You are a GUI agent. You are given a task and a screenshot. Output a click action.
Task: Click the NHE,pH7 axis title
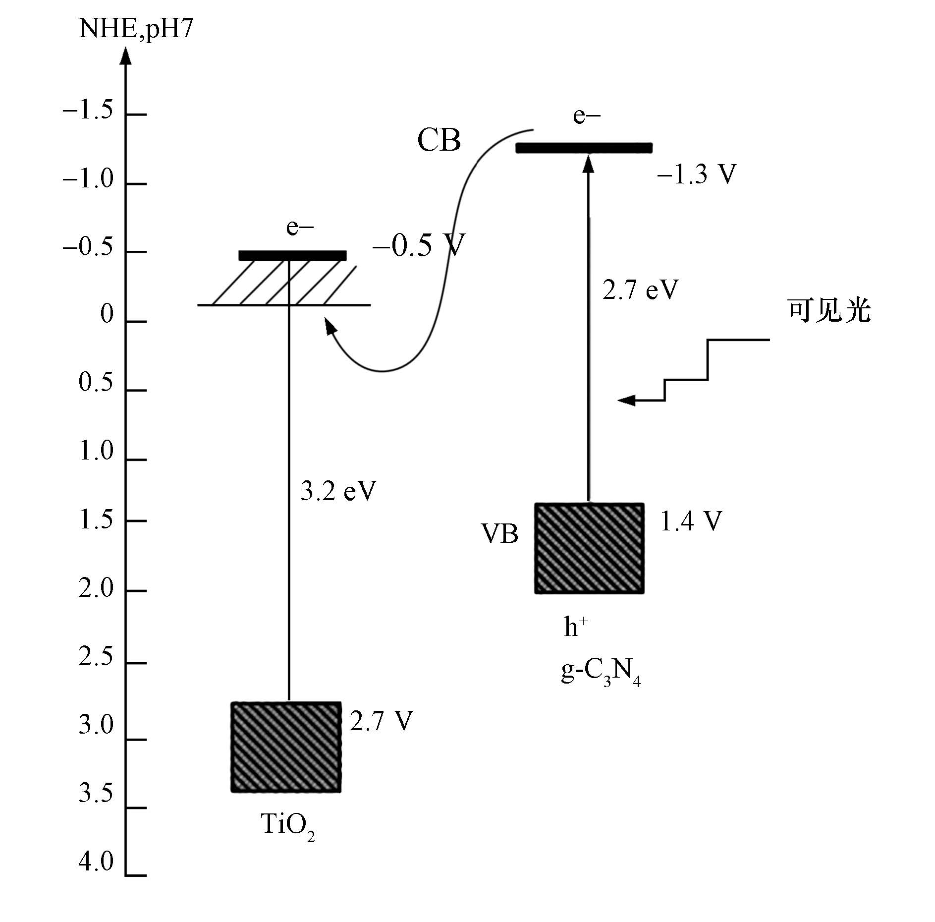click(135, 30)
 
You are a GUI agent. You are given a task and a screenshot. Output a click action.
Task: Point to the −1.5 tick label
click(88, 111)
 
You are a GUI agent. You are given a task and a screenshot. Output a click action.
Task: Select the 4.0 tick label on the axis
click(96, 862)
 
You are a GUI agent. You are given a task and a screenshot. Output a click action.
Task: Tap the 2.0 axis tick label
click(96, 588)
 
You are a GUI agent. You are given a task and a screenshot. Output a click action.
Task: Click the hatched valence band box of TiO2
click(286, 747)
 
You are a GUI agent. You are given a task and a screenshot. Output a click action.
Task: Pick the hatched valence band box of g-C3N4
click(589, 548)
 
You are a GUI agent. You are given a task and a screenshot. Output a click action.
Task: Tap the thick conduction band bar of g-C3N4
click(584, 148)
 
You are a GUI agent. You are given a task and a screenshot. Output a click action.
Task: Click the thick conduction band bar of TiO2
click(292, 255)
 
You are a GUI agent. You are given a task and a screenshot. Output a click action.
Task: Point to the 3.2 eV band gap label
click(338, 491)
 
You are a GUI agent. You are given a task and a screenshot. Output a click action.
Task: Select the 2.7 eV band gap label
click(640, 289)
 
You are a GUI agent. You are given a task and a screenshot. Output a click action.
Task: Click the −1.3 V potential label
click(696, 174)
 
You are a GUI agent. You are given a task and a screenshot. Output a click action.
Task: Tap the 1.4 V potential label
click(691, 521)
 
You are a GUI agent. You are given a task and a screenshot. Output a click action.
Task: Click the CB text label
click(439, 140)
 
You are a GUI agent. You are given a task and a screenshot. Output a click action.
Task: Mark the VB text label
click(500, 534)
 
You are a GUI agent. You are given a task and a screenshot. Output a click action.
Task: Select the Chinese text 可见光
click(829, 311)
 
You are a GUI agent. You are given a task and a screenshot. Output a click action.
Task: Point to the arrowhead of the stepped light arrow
click(625, 400)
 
